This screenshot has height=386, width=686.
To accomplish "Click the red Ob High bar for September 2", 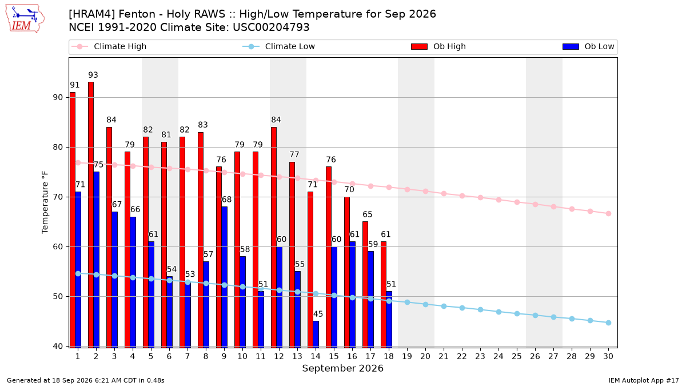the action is [x=91, y=214].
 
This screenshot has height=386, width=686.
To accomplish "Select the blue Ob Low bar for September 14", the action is [x=316, y=334].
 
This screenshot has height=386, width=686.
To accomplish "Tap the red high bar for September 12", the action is [x=274, y=237].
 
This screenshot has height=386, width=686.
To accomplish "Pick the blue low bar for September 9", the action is [x=225, y=277].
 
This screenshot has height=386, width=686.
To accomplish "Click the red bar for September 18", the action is [x=384, y=294].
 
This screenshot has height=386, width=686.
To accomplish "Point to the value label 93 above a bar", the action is [x=93, y=75].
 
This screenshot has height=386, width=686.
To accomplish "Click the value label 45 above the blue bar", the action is [x=318, y=314].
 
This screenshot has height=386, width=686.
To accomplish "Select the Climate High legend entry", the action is [x=109, y=46].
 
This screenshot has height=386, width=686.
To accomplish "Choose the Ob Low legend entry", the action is [x=588, y=46].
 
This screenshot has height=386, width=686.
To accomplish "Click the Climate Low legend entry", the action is [x=279, y=46].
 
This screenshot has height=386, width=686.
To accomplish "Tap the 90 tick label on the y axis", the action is [x=58, y=97].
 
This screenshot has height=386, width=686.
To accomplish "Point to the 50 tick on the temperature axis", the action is [x=58, y=297].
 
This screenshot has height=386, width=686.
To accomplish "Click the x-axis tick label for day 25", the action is [x=517, y=356].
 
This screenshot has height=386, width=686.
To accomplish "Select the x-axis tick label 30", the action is [x=608, y=356].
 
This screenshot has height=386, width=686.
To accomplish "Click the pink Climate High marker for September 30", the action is [x=608, y=213].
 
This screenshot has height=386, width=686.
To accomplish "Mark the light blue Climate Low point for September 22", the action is [x=462, y=308].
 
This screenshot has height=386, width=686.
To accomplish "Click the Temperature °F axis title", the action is [x=45, y=202].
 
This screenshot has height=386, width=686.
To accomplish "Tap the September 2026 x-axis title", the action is [x=342, y=368].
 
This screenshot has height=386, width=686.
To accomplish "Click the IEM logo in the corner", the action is [x=25, y=19].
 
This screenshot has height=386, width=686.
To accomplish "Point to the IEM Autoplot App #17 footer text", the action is [x=644, y=380].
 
